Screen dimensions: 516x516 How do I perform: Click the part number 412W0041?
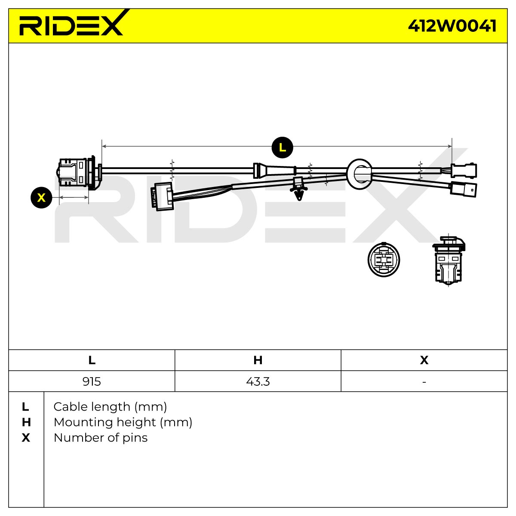(x=452, y=26)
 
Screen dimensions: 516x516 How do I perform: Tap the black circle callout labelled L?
(x=282, y=147)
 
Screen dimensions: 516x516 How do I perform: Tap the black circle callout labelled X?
(x=42, y=198)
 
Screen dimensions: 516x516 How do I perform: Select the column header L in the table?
(x=92, y=360)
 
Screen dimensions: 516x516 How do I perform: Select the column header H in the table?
(x=258, y=360)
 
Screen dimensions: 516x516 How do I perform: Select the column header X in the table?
(x=424, y=360)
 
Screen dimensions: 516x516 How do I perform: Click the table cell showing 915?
(x=92, y=381)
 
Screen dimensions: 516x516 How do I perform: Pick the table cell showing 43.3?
(x=258, y=381)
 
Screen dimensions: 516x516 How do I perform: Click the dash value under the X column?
(x=424, y=382)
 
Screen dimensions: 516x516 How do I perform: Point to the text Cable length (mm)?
(x=110, y=407)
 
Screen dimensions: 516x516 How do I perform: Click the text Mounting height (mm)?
(x=123, y=423)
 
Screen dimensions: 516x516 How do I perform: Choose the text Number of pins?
(x=101, y=438)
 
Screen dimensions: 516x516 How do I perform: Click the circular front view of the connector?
(x=384, y=259)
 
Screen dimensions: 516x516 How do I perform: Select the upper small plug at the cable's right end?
(x=464, y=171)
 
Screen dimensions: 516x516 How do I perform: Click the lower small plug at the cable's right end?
(x=463, y=189)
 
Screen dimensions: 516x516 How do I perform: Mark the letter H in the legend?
(x=26, y=423)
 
